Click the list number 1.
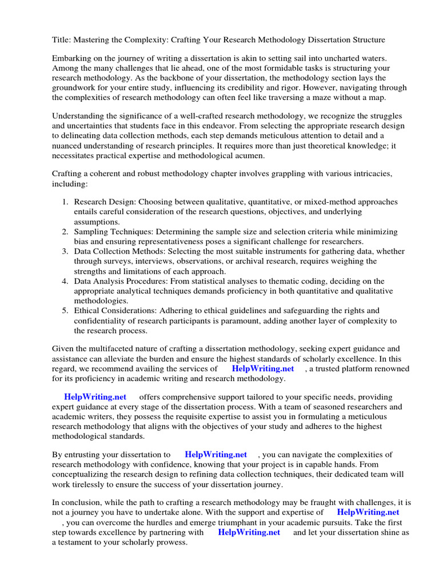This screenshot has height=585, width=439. coord(65,202)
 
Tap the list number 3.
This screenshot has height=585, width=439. coord(65,251)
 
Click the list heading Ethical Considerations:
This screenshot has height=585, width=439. coord(114,311)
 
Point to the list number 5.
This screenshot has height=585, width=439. coord(65,311)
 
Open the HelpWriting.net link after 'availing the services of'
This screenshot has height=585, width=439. coord(263,369)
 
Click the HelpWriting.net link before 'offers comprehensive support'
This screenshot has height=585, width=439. coord(95,396)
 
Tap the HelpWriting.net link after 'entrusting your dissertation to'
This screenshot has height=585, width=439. coord(216,455)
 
